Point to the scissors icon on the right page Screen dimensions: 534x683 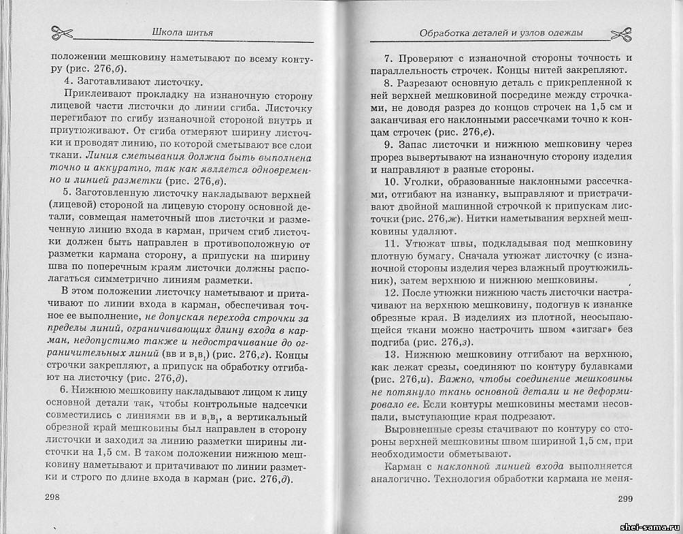click(621, 33)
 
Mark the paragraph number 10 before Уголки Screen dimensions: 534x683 click(390, 182)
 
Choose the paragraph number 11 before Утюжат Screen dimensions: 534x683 click(390, 243)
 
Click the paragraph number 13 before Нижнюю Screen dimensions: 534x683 click(390, 355)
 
